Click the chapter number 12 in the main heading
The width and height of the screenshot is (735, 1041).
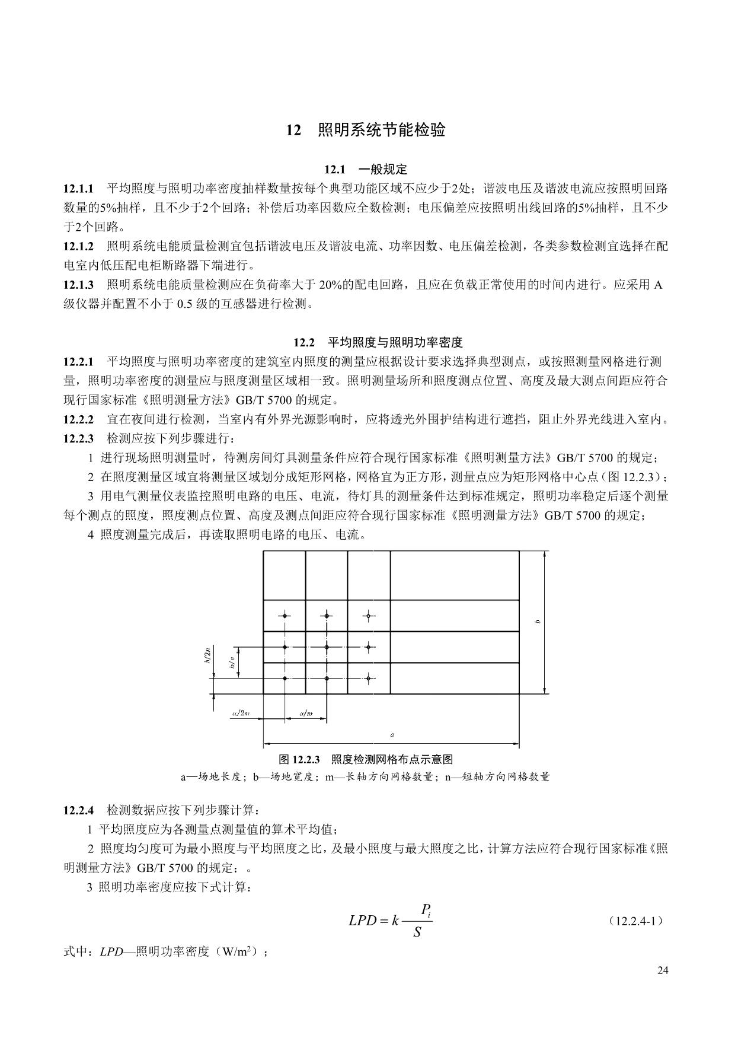pos(293,130)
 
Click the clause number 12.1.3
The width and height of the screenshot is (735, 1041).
pos(78,285)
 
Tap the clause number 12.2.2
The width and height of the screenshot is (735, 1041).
pos(78,420)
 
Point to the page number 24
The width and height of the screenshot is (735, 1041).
pos(663,970)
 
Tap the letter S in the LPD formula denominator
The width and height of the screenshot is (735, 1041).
pos(417,933)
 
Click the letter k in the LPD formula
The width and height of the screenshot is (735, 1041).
pos(395,921)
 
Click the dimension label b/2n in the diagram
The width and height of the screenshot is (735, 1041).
pos(207,655)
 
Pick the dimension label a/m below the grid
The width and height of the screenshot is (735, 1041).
pos(306,713)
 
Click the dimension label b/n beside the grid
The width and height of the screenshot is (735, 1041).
pos(234,662)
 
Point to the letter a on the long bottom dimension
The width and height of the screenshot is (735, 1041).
pos(392,735)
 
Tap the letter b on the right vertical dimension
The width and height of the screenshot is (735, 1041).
pos(536,621)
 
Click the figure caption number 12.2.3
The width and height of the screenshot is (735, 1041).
pos(306,760)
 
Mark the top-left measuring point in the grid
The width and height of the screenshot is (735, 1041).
pos(285,616)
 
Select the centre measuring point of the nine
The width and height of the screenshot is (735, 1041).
pos(326,647)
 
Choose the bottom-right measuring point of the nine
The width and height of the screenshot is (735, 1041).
pos(368,677)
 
